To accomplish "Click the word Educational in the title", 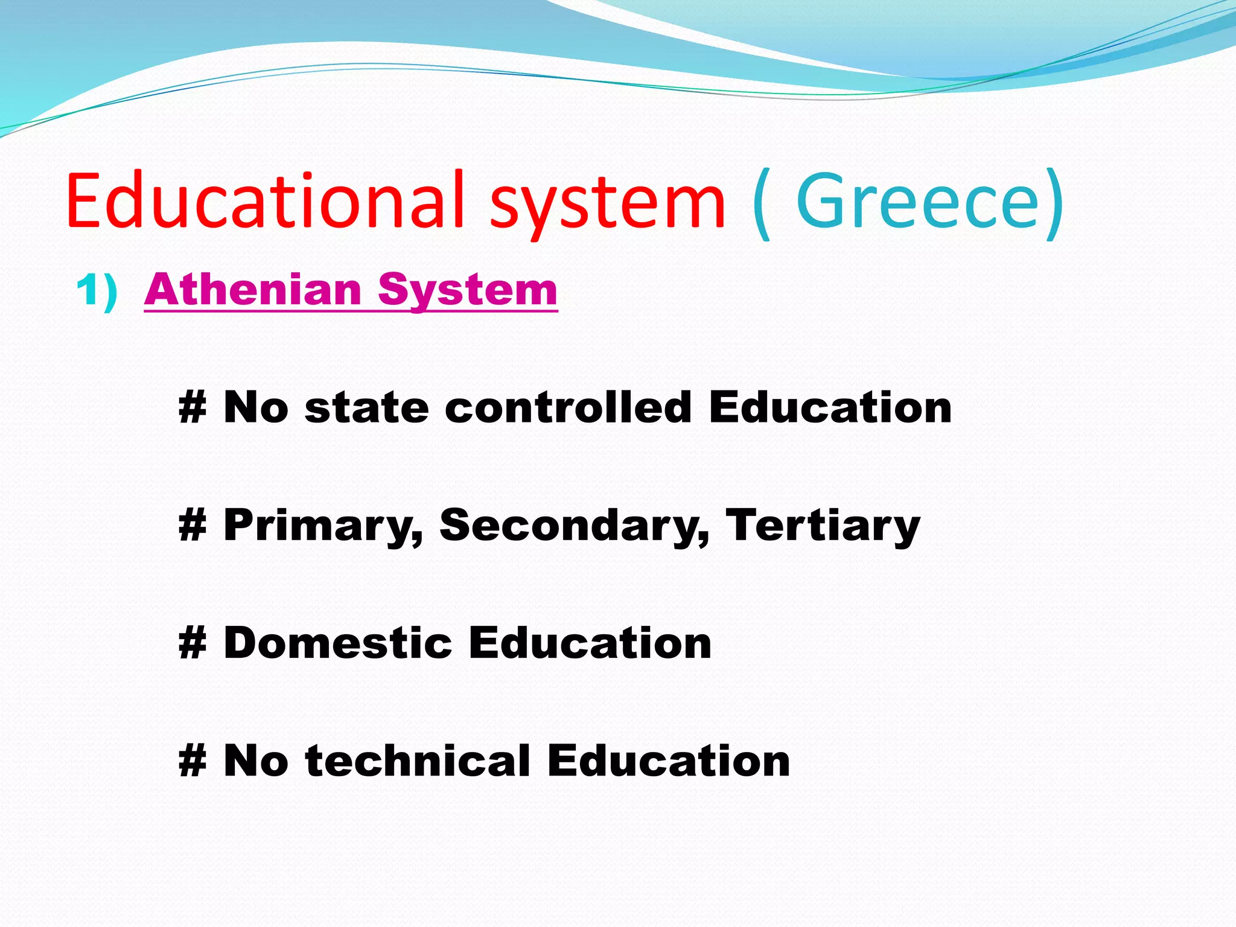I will [x=266, y=200].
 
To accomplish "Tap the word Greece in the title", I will [x=917, y=200].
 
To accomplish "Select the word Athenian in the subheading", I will [x=253, y=290].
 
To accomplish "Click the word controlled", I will [x=568, y=407].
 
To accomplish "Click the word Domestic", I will [x=338, y=643].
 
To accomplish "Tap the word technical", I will [x=418, y=760].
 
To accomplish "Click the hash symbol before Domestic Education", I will [x=193, y=643].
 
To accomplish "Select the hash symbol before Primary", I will [x=193, y=525].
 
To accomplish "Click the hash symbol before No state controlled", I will [x=193, y=407].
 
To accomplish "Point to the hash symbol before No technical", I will [x=193, y=760].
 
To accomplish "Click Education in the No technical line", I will [x=669, y=760].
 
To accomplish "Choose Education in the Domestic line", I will [x=590, y=643].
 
